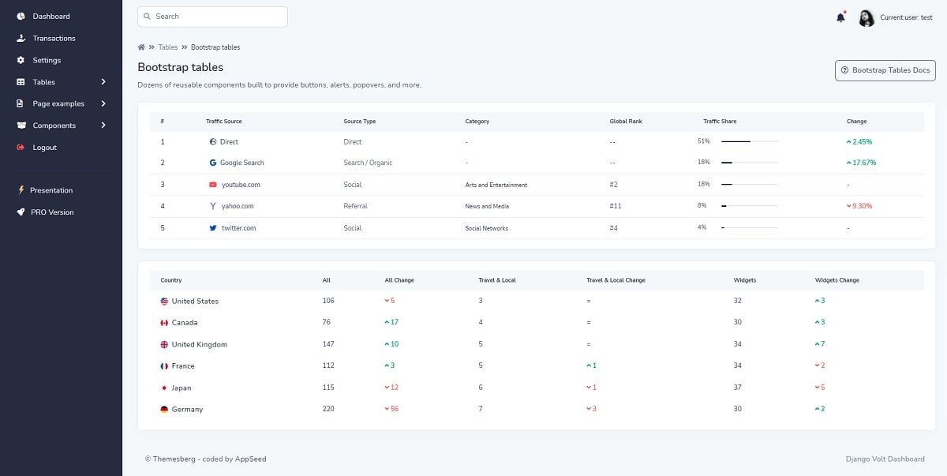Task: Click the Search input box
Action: click(x=212, y=17)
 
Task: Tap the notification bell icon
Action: click(x=840, y=17)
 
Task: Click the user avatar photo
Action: click(x=867, y=17)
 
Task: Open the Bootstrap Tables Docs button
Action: click(x=885, y=70)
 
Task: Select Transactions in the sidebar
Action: click(x=54, y=38)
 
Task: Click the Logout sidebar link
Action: click(x=44, y=148)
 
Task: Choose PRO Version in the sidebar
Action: click(x=51, y=212)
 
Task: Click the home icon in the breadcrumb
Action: click(x=141, y=47)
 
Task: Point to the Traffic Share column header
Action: click(x=719, y=122)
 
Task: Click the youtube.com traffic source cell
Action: click(x=240, y=185)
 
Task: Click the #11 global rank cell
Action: click(x=616, y=206)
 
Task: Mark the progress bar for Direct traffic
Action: click(x=749, y=141)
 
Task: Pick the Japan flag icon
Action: click(x=164, y=388)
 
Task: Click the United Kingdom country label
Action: click(x=199, y=344)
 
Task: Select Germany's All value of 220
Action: click(x=328, y=409)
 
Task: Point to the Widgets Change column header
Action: click(x=837, y=280)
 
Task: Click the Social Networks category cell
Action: click(x=486, y=228)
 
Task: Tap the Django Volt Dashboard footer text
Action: click(x=884, y=459)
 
